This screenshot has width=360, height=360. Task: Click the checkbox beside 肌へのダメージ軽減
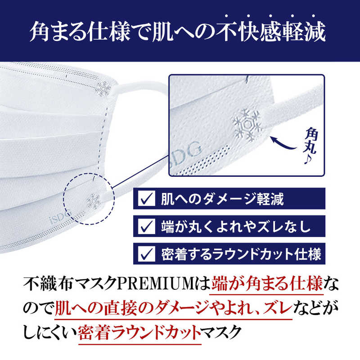[147, 198]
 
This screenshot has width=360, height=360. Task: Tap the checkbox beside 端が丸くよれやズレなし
[147, 226]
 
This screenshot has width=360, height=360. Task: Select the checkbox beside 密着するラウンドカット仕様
[147, 253]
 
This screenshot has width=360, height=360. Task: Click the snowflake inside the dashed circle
[94, 202]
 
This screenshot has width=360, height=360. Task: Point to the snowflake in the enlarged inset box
[247, 125]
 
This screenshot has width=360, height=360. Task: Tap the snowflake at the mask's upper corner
[103, 88]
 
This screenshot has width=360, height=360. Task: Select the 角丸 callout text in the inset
[311, 140]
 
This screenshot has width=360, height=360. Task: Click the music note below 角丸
[308, 159]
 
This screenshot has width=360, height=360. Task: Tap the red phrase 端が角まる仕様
[267, 284]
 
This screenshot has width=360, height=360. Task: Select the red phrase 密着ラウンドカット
[139, 333]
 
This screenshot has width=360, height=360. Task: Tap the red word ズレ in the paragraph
[278, 308]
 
